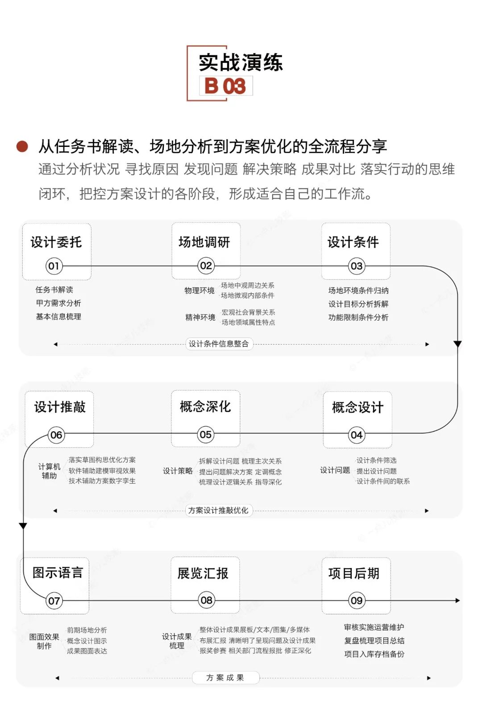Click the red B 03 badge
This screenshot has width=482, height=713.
(x=225, y=86)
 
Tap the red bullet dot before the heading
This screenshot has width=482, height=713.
(x=22, y=146)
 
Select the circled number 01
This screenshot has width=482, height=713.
(x=54, y=266)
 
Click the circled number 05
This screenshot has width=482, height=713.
(x=205, y=434)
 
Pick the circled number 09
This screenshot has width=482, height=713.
(x=356, y=600)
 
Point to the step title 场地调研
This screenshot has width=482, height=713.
(x=204, y=242)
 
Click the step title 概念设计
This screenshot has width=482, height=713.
(x=357, y=407)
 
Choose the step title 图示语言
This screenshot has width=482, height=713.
(x=58, y=573)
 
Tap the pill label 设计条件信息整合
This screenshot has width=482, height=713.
(x=219, y=344)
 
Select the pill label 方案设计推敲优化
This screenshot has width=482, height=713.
(x=218, y=510)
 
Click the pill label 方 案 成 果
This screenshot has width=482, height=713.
(x=225, y=678)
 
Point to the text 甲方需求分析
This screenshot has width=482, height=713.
(x=58, y=303)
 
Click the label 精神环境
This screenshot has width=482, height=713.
(x=200, y=317)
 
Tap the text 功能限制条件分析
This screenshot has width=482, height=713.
(x=358, y=317)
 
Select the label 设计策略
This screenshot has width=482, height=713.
(x=178, y=471)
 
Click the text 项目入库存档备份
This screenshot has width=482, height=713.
(x=374, y=654)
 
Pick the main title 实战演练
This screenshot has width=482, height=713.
(x=241, y=63)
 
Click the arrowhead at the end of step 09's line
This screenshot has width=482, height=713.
(x=457, y=600)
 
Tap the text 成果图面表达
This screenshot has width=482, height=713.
(x=87, y=651)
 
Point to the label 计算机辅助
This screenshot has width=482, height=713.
(x=49, y=471)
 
